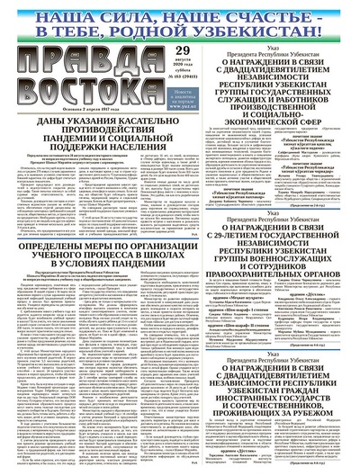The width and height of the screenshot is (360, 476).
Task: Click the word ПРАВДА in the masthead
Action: point(67,66)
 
